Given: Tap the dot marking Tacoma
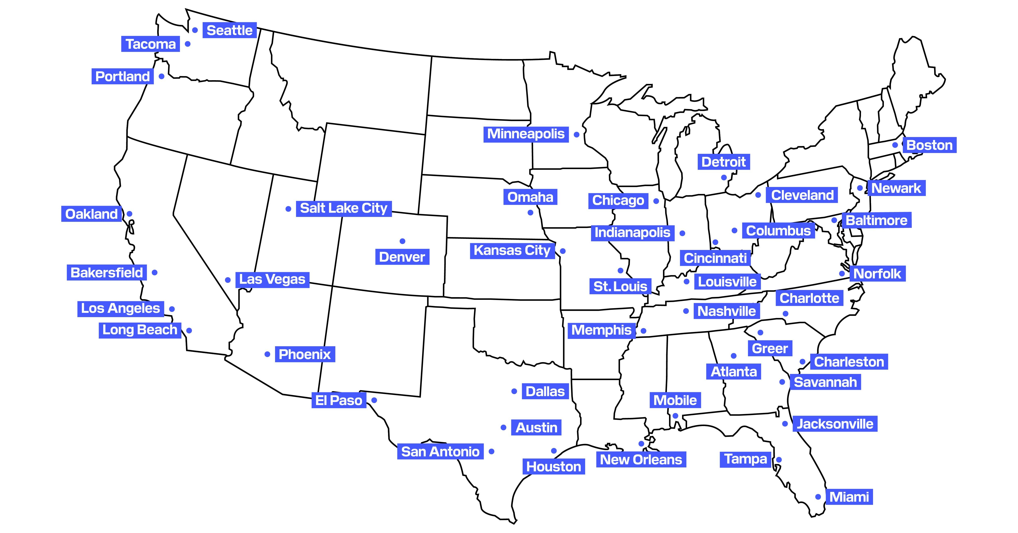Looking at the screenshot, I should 188,44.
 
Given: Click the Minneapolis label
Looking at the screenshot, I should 526,134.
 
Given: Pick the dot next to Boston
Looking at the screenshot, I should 895,145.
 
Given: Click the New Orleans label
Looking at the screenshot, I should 641,459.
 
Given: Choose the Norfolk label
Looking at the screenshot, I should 877,274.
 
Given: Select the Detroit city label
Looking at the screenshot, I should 724,162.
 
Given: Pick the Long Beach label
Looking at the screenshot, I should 139,330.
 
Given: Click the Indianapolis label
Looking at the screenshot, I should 632,233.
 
